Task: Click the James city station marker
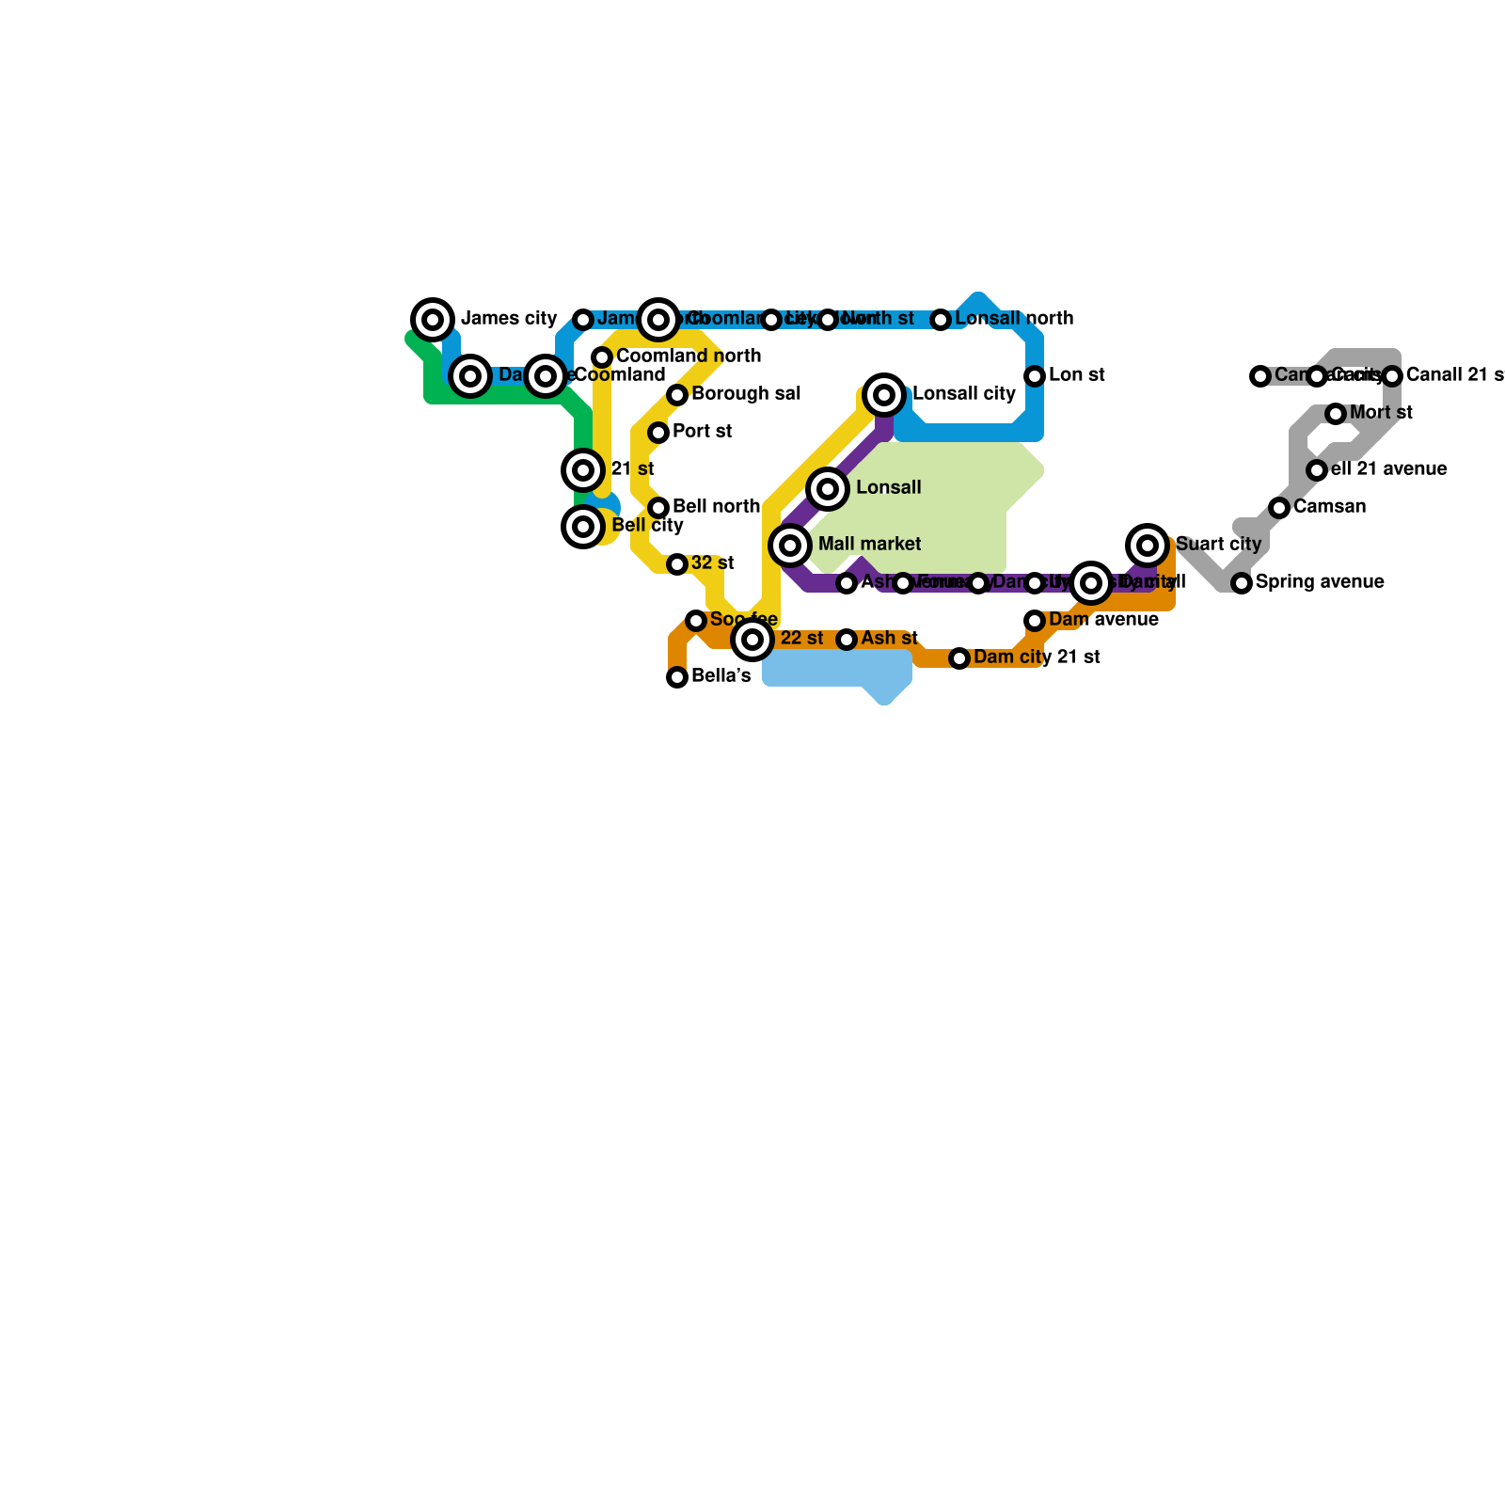(x=433, y=320)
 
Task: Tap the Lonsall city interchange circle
(x=884, y=395)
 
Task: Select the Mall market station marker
(x=790, y=546)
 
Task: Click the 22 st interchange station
(x=752, y=640)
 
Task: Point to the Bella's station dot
(x=677, y=677)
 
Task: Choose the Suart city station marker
(x=1148, y=545)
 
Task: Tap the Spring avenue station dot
(x=1242, y=583)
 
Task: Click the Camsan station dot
(x=1279, y=508)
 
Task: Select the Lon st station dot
(x=1035, y=376)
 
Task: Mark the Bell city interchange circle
(x=583, y=527)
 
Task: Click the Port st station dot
(x=658, y=433)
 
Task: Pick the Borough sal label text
(x=746, y=394)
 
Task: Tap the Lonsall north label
(x=1014, y=319)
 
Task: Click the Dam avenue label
(x=1103, y=620)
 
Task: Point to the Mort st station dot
(x=1336, y=414)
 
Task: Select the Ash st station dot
(x=847, y=640)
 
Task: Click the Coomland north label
(x=689, y=356)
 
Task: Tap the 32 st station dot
(x=677, y=564)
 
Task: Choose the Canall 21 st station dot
(x=1392, y=376)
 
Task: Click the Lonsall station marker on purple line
(x=828, y=489)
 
